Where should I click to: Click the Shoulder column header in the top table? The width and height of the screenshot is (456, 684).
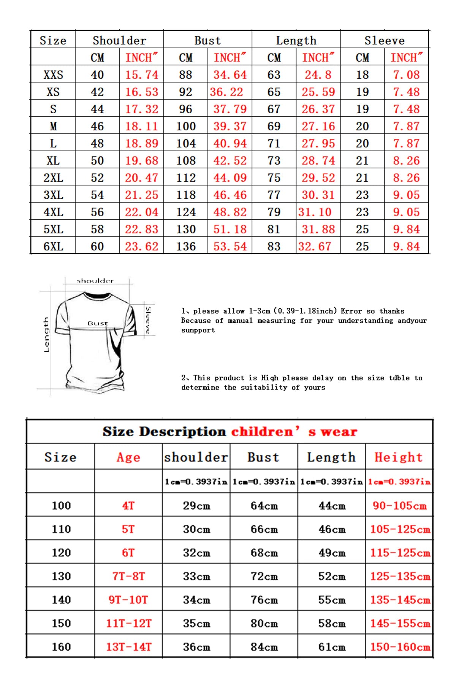tap(119, 40)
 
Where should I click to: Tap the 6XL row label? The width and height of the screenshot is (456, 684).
tap(53, 246)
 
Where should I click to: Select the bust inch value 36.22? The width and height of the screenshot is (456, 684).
tap(226, 92)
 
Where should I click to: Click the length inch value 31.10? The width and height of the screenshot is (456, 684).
tap(315, 212)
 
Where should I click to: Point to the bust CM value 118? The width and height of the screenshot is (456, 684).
tap(186, 195)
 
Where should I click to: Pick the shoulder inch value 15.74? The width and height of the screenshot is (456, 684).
tap(142, 75)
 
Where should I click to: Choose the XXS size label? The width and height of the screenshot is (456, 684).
tap(53, 75)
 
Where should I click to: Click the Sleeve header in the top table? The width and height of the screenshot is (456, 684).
tap(384, 40)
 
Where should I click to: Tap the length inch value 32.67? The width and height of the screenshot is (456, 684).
tap(315, 246)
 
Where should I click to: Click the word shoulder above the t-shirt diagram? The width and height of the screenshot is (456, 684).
tap(95, 281)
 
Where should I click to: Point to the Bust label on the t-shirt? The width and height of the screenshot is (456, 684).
tap(98, 323)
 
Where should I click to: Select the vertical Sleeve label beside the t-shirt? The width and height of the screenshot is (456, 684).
tap(148, 320)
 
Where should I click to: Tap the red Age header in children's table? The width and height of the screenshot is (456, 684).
tap(128, 457)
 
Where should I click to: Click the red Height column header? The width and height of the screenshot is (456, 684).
tap(399, 457)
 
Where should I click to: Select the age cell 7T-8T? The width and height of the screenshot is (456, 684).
tap(128, 576)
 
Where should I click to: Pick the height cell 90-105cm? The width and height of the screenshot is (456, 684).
tap(399, 505)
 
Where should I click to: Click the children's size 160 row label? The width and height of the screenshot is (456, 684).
tap(61, 647)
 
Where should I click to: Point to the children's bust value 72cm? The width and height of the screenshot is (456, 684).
tap(264, 576)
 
